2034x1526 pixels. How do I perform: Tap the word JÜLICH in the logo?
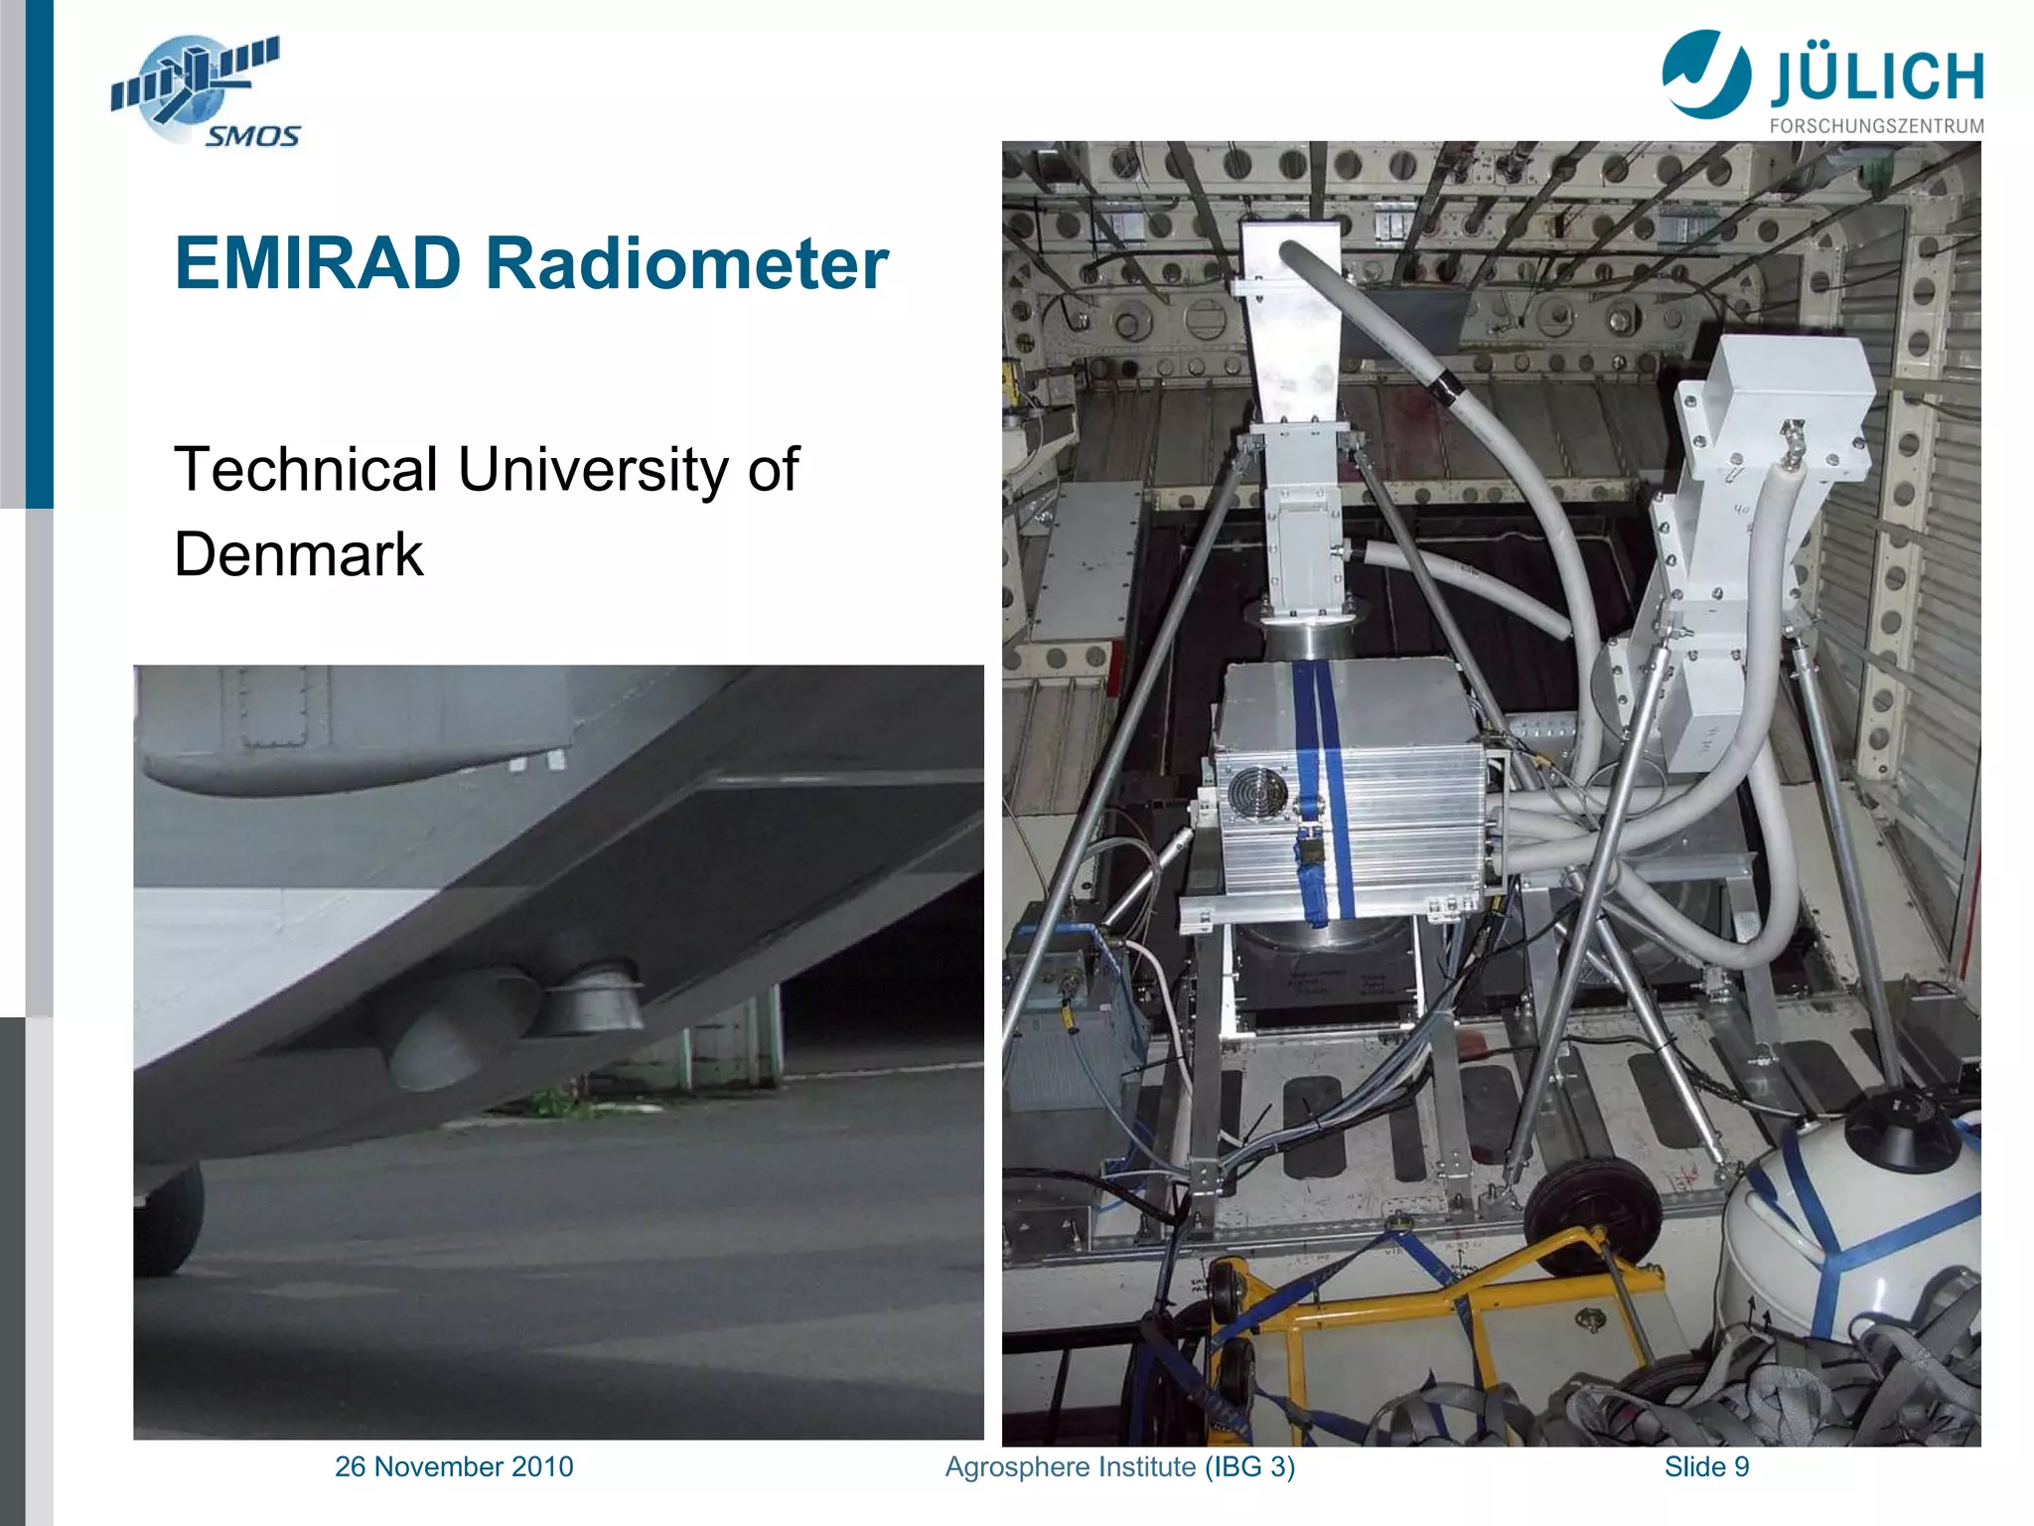(x=1876, y=77)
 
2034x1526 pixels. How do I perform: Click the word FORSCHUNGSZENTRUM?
(x=1876, y=126)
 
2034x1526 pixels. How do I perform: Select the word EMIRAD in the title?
(x=318, y=264)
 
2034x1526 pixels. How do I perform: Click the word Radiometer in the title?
(x=685, y=264)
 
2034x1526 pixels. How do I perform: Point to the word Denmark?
(x=298, y=554)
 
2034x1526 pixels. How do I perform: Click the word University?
(x=592, y=469)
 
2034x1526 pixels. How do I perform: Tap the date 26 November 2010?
(x=454, y=1466)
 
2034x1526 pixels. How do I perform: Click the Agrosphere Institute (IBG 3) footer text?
(x=1119, y=1466)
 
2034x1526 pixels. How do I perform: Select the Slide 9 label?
(x=1706, y=1466)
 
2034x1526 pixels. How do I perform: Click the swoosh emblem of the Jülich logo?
(x=1706, y=74)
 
